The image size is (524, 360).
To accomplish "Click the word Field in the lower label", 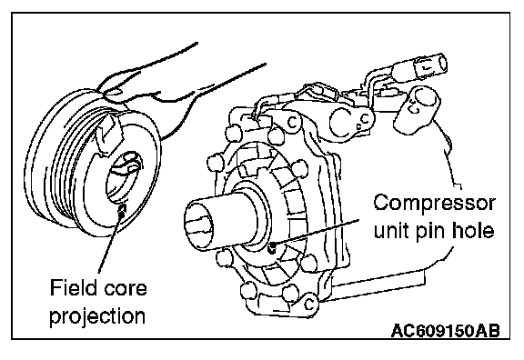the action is [72, 287].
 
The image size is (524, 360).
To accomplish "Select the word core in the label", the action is [125, 289].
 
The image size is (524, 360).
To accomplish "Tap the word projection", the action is [97, 316].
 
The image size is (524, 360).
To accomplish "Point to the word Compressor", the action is [435, 203].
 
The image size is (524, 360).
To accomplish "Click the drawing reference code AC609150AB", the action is [446, 331].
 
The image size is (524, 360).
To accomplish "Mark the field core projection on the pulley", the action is [123, 210].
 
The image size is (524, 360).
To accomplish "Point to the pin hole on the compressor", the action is [273, 247].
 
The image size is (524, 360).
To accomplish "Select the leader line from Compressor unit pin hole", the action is [317, 234].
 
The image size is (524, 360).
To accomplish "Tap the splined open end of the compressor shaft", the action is [199, 225].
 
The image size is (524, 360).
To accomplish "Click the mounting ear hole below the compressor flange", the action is [309, 305].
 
